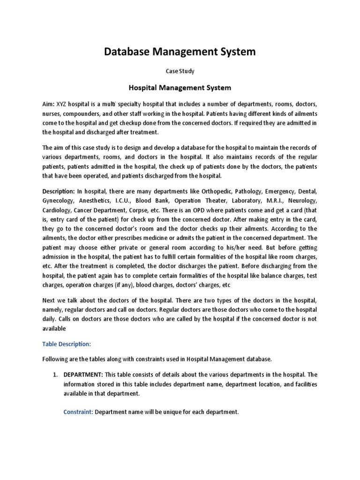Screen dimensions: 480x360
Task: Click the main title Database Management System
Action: pyautogui.click(x=180, y=52)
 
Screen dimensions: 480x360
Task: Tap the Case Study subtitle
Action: pyautogui.click(x=180, y=71)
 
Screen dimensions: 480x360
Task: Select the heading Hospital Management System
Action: pyautogui.click(x=180, y=87)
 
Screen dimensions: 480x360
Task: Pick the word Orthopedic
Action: pyautogui.click(x=217, y=191)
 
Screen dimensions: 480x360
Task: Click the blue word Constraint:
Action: pyautogui.click(x=78, y=412)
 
